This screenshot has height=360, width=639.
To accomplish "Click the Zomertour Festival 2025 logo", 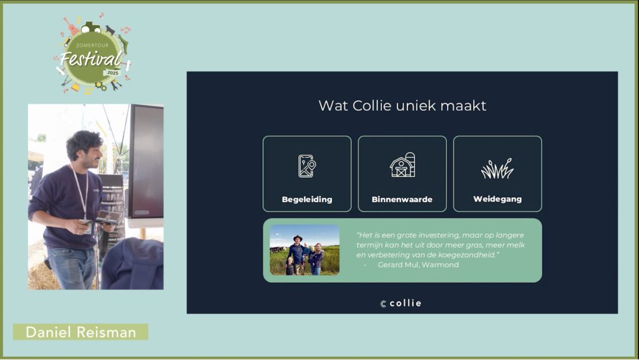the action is [x=93, y=54].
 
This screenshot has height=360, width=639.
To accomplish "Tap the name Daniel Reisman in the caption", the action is [x=80, y=333].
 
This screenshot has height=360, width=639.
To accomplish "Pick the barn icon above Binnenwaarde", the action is [x=402, y=165].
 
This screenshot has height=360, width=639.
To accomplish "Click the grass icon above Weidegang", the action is [x=497, y=168].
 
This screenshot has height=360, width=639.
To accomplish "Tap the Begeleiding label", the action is [x=307, y=200].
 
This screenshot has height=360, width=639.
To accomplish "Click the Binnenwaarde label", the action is [x=402, y=200].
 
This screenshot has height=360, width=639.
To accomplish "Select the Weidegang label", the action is [x=497, y=199].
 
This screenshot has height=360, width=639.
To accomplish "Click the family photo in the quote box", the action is [x=305, y=250].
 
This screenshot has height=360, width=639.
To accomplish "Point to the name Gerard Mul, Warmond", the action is [x=418, y=265].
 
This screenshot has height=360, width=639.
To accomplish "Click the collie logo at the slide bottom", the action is [x=401, y=303].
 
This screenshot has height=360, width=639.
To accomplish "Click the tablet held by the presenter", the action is [x=109, y=216].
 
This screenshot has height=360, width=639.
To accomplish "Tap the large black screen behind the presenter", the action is [x=146, y=162].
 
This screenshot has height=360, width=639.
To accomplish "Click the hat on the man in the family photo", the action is [x=298, y=238].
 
